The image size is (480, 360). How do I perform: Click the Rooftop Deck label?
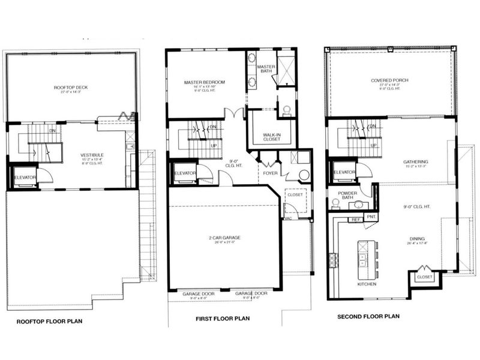point(71,88)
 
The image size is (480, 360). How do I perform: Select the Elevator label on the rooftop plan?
point(26,178)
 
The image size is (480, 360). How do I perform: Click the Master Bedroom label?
point(205,82)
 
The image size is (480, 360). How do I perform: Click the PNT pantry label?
point(371,216)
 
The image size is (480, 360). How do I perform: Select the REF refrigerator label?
point(356,220)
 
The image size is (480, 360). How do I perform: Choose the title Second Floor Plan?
point(369,316)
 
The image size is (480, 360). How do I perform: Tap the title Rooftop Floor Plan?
point(49,322)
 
